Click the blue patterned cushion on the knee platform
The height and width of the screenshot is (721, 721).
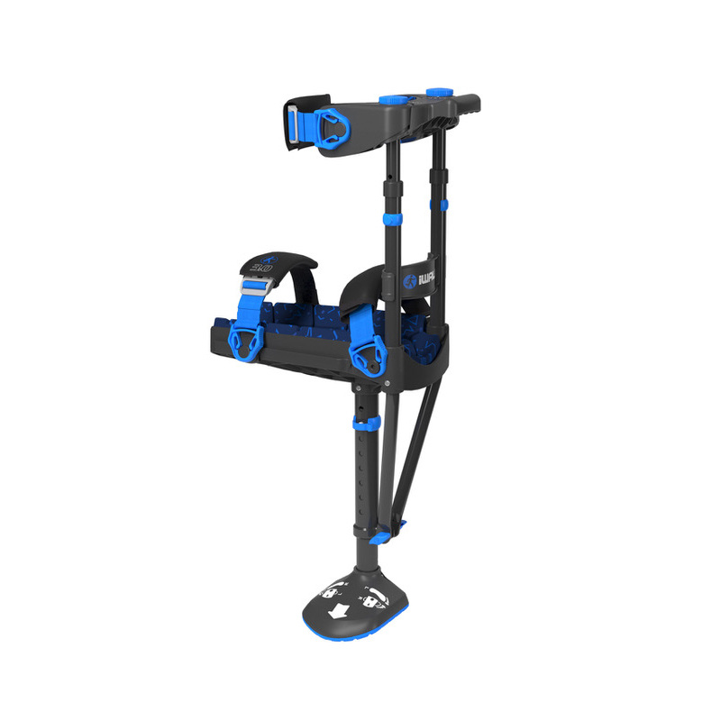coord(315,319)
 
